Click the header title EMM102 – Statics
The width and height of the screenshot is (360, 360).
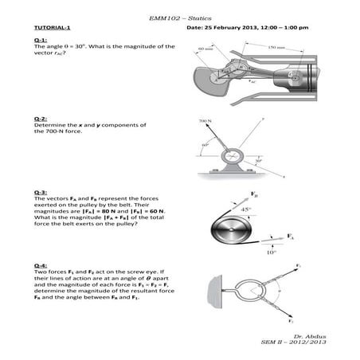click(180, 17)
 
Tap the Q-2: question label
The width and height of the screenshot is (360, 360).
click(41, 119)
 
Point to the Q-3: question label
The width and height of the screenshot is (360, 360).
click(41, 192)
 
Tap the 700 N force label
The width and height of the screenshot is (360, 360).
click(205, 122)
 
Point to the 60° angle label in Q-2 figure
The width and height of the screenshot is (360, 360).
click(205, 145)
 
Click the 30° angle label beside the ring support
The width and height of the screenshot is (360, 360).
click(259, 160)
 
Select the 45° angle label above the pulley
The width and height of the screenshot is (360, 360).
click(246, 210)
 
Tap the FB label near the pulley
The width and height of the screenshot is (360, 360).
click(253, 194)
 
